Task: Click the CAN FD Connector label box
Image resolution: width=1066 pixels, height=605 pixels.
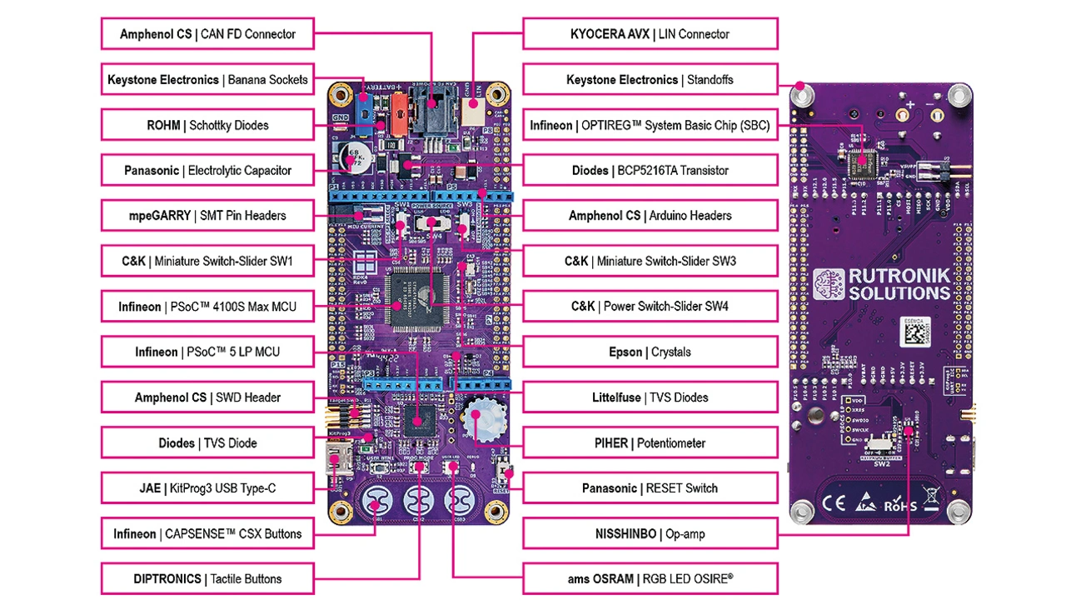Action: pyautogui.click(x=207, y=34)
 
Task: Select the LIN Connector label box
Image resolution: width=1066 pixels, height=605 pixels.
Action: pyautogui.click(x=650, y=34)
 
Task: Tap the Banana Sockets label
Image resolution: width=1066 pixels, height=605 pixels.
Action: pyautogui.click(x=207, y=80)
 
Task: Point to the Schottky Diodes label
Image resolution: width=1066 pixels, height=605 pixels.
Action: pyautogui.click(x=207, y=125)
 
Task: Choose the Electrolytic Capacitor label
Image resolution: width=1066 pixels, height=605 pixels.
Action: pyautogui.click(x=207, y=170)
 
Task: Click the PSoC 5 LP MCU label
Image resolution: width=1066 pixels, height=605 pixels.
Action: pyautogui.click(x=207, y=352)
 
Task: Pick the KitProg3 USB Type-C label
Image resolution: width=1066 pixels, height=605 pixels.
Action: pyautogui.click(x=207, y=488)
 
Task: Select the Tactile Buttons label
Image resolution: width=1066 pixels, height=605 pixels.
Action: pyautogui.click(x=207, y=578)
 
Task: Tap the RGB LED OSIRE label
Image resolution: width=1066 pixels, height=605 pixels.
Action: pyautogui.click(x=650, y=578)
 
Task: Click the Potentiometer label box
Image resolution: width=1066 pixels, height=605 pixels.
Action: pyautogui.click(x=650, y=442)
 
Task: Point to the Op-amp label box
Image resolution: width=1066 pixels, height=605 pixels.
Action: pyautogui.click(x=650, y=533)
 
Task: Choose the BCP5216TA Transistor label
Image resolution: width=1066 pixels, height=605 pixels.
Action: pyautogui.click(x=650, y=170)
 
